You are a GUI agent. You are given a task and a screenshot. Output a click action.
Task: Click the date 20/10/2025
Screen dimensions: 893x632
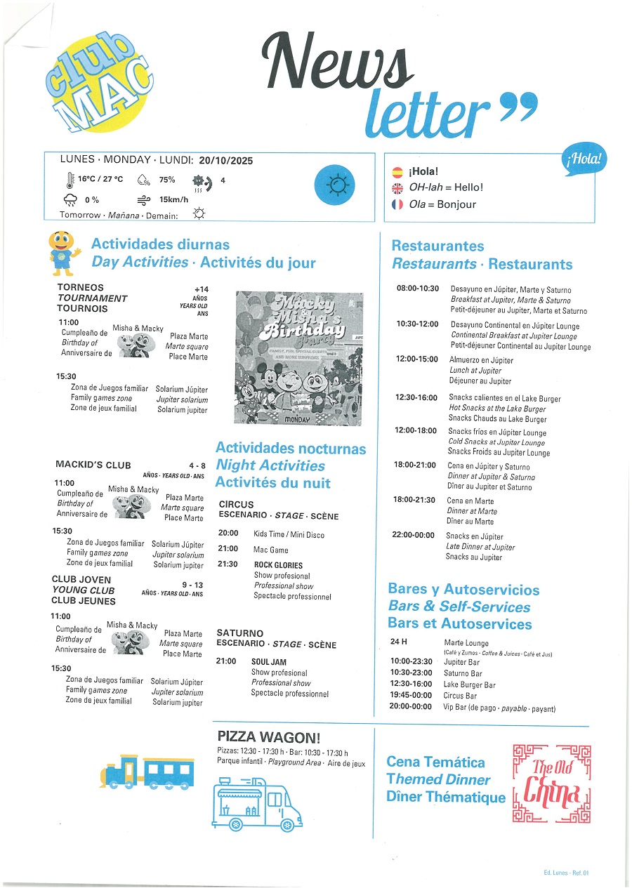pyautogui.click(x=226, y=161)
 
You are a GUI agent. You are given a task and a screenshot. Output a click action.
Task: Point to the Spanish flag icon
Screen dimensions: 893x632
pyautogui.click(x=397, y=171)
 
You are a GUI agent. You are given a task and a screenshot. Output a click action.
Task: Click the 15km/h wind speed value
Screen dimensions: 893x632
pyautogui.click(x=173, y=199)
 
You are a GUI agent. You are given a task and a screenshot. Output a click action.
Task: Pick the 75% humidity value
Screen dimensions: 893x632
pyautogui.click(x=167, y=180)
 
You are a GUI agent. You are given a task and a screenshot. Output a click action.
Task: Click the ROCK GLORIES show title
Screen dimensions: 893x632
pyautogui.click(x=279, y=565)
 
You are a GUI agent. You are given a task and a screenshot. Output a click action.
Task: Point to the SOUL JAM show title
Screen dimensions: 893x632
pyautogui.click(x=269, y=662)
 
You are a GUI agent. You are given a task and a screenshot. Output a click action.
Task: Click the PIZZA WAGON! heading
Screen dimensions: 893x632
pyautogui.click(x=269, y=737)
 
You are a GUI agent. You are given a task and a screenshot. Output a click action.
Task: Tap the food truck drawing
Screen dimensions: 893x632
pyautogui.click(x=256, y=803)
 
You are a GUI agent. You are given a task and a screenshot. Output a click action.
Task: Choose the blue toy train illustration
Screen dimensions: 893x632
pyautogui.click(x=147, y=771)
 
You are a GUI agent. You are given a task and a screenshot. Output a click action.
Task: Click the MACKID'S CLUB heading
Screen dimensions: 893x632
pyautogui.click(x=93, y=464)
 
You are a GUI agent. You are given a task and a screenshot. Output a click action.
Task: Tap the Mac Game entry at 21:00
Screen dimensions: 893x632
pyautogui.click(x=271, y=550)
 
